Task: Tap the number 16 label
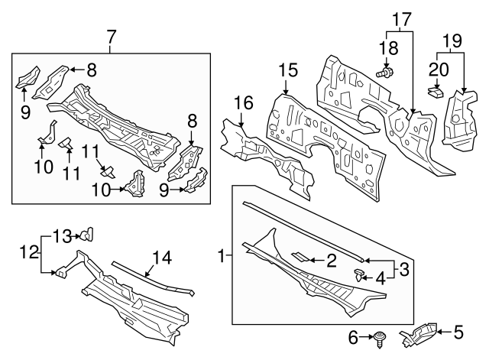click(x=243, y=102)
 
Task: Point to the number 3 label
click(x=404, y=269)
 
